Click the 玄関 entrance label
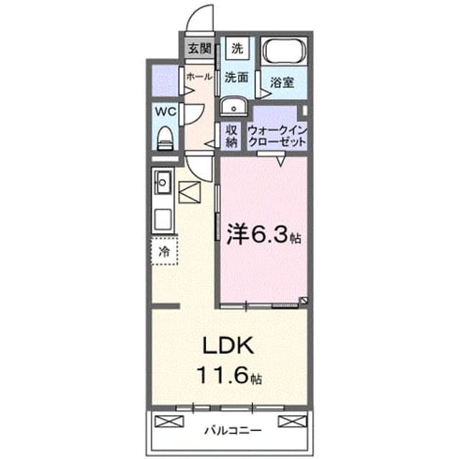199,48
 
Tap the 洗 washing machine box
237,48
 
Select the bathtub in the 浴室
284,52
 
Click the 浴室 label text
282,82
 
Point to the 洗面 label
237,77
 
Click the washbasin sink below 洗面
234,107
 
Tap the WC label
166,112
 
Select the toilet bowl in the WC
166,138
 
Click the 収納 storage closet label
231,136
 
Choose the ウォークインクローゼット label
278,136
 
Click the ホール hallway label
199,77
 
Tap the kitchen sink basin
163,182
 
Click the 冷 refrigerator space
164,251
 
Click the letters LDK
228,346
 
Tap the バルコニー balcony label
232,430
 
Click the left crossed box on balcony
169,421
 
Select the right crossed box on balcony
293,421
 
